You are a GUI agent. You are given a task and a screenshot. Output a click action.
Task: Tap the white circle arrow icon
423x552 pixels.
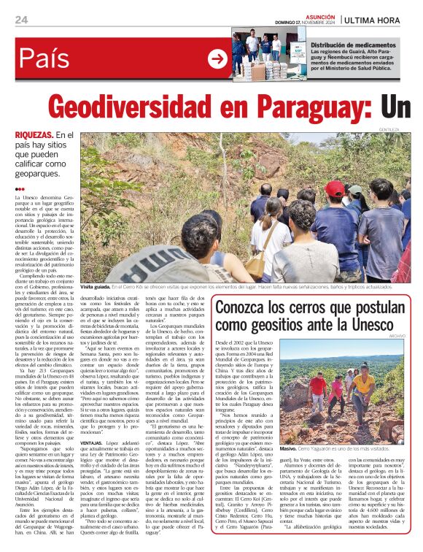click(x=217, y=59)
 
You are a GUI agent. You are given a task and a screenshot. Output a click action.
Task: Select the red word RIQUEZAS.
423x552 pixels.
click(x=34, y=136)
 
